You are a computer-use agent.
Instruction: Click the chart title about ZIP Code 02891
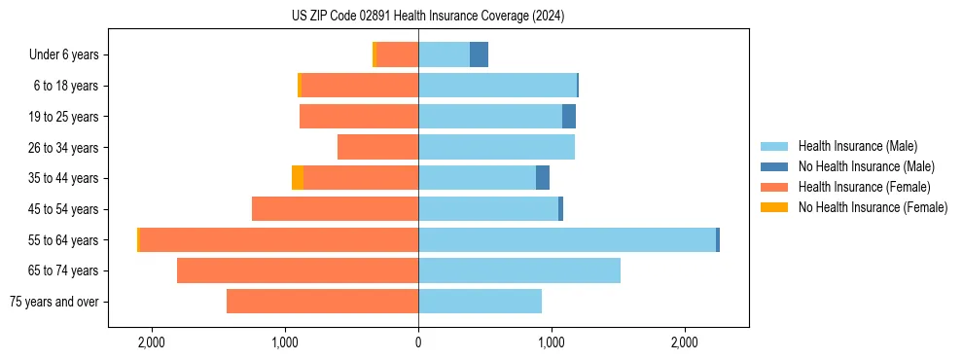tap(428, 16)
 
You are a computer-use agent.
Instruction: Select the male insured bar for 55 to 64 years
tap(567, 239)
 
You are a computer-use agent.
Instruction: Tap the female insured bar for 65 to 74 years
tap(298, 270)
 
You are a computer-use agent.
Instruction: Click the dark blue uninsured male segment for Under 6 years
tap(479, 54)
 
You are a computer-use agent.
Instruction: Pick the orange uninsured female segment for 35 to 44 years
tap(298, 178)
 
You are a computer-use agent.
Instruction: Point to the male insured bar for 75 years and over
tap(480, 302)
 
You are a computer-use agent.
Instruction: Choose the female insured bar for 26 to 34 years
tap(377, 147)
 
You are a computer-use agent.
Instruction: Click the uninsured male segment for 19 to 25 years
tap(569, 117)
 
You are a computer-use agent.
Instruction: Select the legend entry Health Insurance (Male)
tap(856, 146)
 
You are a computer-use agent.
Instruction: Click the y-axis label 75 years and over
tap(53, 302)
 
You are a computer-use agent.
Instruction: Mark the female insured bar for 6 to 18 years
tap(359, 86)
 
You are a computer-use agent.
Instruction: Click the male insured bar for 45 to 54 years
tap(488, 209)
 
